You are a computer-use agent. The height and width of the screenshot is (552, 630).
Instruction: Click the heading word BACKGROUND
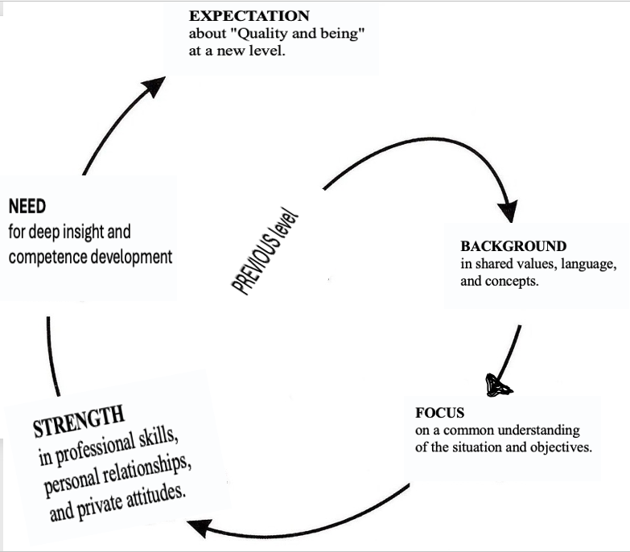513,246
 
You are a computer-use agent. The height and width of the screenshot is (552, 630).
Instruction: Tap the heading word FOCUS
440,413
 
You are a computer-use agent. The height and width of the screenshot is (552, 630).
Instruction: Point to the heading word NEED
27,206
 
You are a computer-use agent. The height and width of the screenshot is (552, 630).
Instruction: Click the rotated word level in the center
287,222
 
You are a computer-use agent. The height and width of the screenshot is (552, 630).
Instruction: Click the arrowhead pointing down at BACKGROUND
508,211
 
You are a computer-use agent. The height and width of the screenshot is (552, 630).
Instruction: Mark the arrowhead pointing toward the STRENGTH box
201,529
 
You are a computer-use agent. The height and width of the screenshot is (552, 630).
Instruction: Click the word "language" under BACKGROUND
588,264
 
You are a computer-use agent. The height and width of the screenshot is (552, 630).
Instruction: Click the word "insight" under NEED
89,233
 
